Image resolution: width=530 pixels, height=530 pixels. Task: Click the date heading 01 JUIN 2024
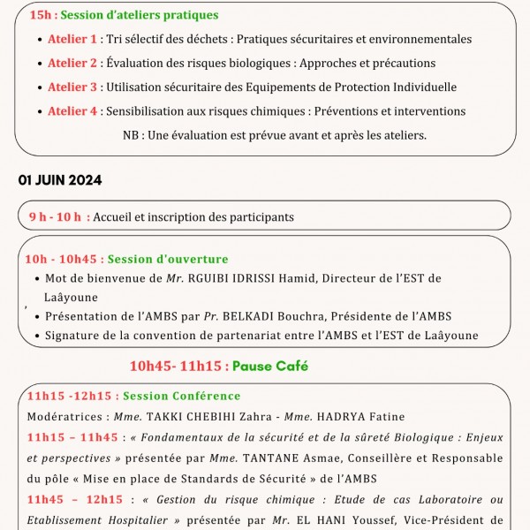point(60,180)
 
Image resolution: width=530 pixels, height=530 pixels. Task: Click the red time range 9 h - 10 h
point(54,217)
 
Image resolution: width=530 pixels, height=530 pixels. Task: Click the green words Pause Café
point(270,366)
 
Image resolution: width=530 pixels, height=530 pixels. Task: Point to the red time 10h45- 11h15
point(176,366)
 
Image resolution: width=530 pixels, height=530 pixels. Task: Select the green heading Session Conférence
point(181,397)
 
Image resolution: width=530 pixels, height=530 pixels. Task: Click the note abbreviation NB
point(132,135)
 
